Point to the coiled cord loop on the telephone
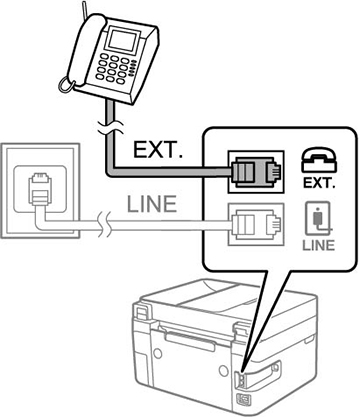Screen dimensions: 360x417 coord(65,84)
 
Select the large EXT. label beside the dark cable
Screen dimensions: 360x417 coord(159,150)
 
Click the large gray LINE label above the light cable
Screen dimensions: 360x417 coord(152,204)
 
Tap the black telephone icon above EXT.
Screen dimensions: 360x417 coord(319,161)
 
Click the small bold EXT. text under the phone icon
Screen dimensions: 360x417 coord(319,183)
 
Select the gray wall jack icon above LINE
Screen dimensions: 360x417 coord(318,218)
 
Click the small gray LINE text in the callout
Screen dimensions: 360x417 coord(318,245)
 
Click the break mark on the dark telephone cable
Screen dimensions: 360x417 coord(111,127)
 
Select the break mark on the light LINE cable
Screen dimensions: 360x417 coord(104,225)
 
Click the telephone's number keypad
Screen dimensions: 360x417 coord(114,68)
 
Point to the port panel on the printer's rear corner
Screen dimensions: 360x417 coord(241,381)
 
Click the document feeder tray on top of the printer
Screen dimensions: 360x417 coord(213,293)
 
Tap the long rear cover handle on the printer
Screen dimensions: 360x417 coord(190,342)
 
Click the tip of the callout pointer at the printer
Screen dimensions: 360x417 coord(243,372)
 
